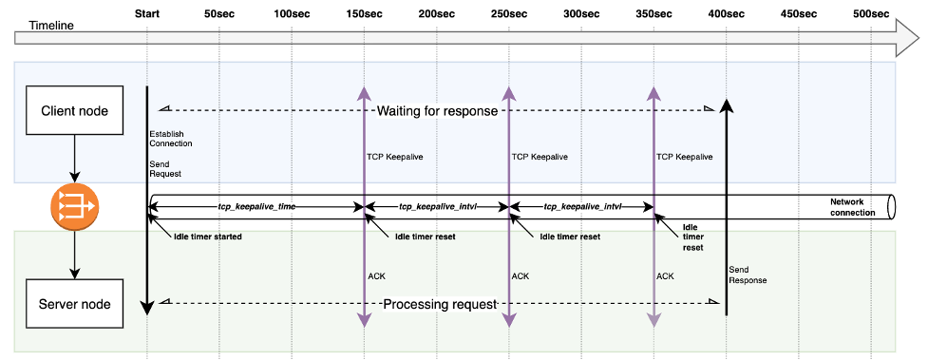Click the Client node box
pyautogui.click(x=75, y=111)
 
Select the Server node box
pyautogui.click(x=75, y=304)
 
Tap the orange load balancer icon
pyautogui.click(x=75, y=206)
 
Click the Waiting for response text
pyautogui.click(x=437, y=111)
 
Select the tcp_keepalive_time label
pyautogui.click(x=256, y=205)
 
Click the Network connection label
pyautogui.click(x=852, y=207)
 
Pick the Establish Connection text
pyautogui.click(x=171, y=139)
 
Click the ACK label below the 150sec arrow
pyautogui.click(x=376, y=275)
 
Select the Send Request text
pyautogui.click(x=165, y=168)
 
